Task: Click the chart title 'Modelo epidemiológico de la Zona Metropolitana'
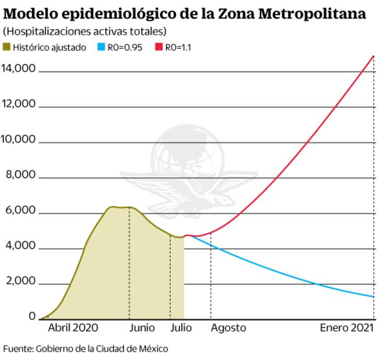[185, 13]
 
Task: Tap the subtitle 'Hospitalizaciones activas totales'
[84, 31]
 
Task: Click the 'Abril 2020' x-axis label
[73, 328]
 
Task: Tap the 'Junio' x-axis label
[142, 328]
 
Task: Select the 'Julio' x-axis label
[181, 328]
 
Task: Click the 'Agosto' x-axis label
[228, 328]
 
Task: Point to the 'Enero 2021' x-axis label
[347, 328]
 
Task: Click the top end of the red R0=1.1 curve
[373, 56]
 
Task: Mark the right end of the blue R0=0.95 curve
[373, 297]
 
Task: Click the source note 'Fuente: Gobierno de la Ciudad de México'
[86, 349]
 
